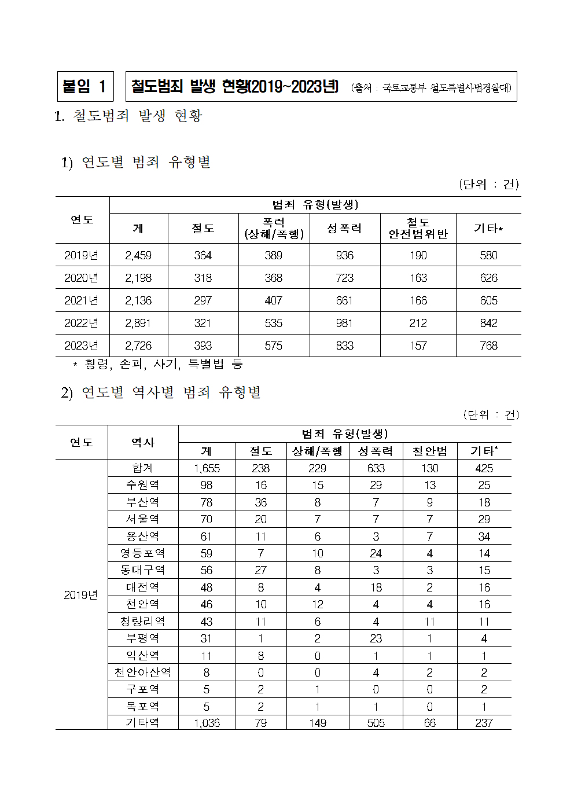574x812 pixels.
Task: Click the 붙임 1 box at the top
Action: coord(85,87)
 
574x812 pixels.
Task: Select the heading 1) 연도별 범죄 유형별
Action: coord(136,162)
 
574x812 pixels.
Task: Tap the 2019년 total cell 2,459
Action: coord(138,255)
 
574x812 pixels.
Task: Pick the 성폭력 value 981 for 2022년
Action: coord(344,323)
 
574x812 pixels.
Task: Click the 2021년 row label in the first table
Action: coord(82,300)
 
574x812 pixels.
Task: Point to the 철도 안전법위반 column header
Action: coord(418,228)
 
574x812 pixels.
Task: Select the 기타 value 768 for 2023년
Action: coord(488,346)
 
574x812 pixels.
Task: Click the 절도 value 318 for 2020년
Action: coord(203,278)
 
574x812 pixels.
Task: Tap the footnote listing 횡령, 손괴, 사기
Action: coord(157,364)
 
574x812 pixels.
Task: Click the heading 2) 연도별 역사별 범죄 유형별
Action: coord(161,392)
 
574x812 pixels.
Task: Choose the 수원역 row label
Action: coord(142,485)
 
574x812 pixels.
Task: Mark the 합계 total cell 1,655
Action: coord(207,468)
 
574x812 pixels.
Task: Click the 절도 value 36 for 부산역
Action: coord(260,502)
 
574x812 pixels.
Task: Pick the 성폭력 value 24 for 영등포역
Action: coord(376,553)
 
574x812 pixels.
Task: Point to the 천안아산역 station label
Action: coord(142,673)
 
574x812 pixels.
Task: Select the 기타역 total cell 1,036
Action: coord(207,723)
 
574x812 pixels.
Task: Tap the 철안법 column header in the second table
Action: coord(429,451)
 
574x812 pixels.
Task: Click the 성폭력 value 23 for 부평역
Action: coord(376,638)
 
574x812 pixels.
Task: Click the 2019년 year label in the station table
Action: coord(81,595)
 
